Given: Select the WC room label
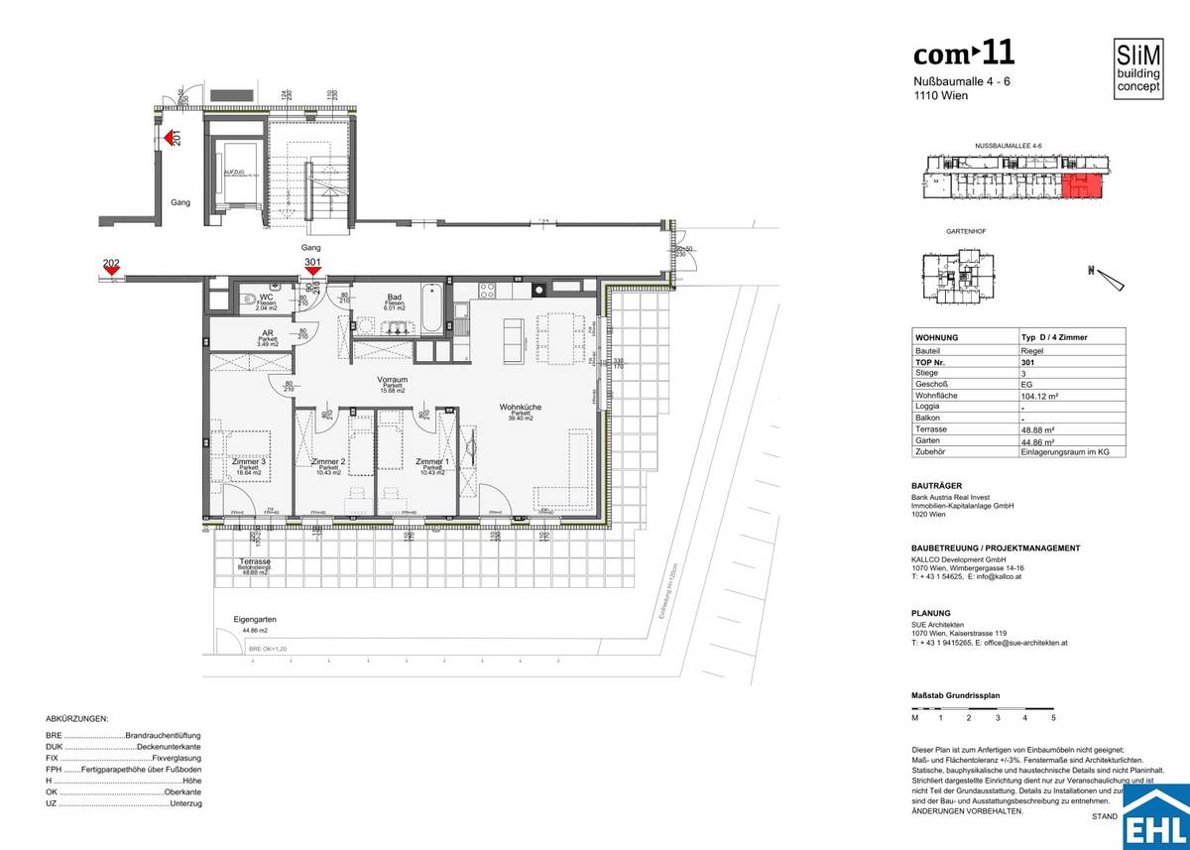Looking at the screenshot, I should [266, 297].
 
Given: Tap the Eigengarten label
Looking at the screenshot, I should [255, 619].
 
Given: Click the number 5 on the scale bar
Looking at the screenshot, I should [1053, 716].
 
